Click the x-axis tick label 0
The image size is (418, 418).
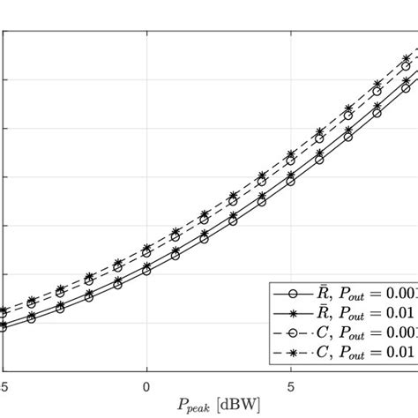[146, 385]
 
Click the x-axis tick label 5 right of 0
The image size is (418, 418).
[291, 385]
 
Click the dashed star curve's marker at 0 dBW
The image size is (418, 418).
[146, 249]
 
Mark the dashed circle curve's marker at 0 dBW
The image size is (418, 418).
[146, 255]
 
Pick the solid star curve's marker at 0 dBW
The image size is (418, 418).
[146, 264]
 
